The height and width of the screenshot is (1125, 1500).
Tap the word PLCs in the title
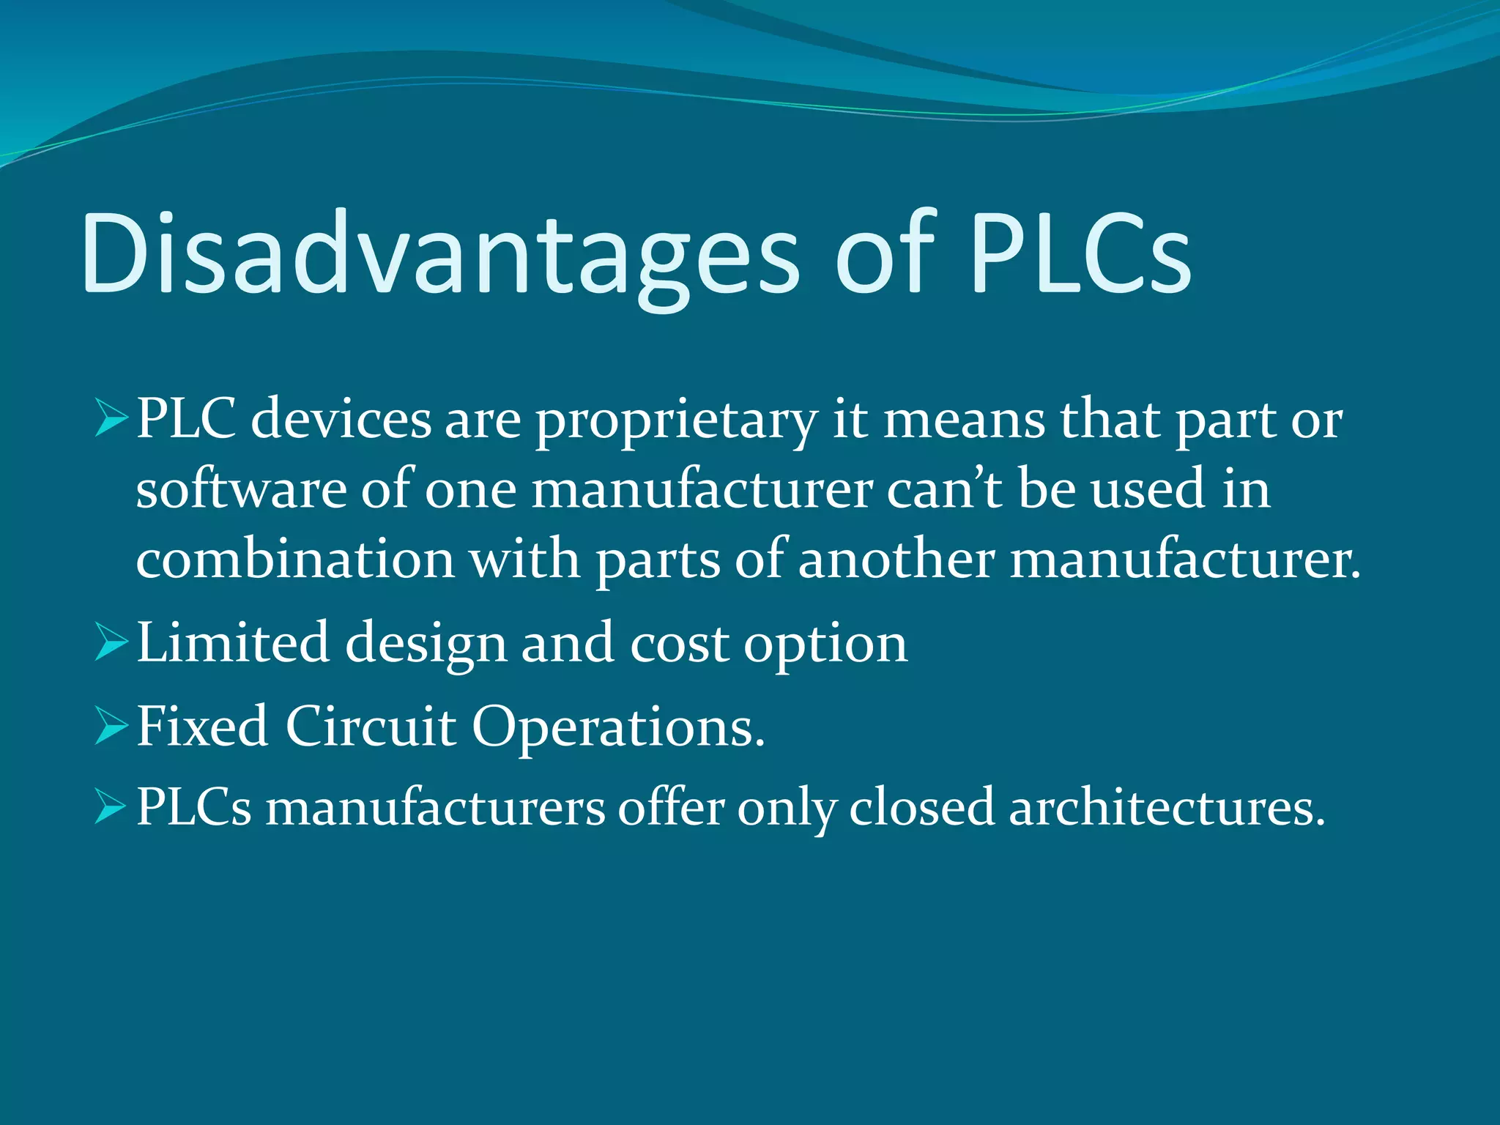point(1080,253)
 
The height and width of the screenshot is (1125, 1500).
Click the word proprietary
point(676,422)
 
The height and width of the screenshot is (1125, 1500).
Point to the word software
point(241,489)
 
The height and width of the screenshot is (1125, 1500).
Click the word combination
point(295,560)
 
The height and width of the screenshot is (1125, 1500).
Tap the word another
point(896,560)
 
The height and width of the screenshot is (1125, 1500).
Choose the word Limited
point(233,643)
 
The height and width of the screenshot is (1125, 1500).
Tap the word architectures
point(1167,807)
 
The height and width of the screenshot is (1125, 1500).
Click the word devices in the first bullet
point(341,420)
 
